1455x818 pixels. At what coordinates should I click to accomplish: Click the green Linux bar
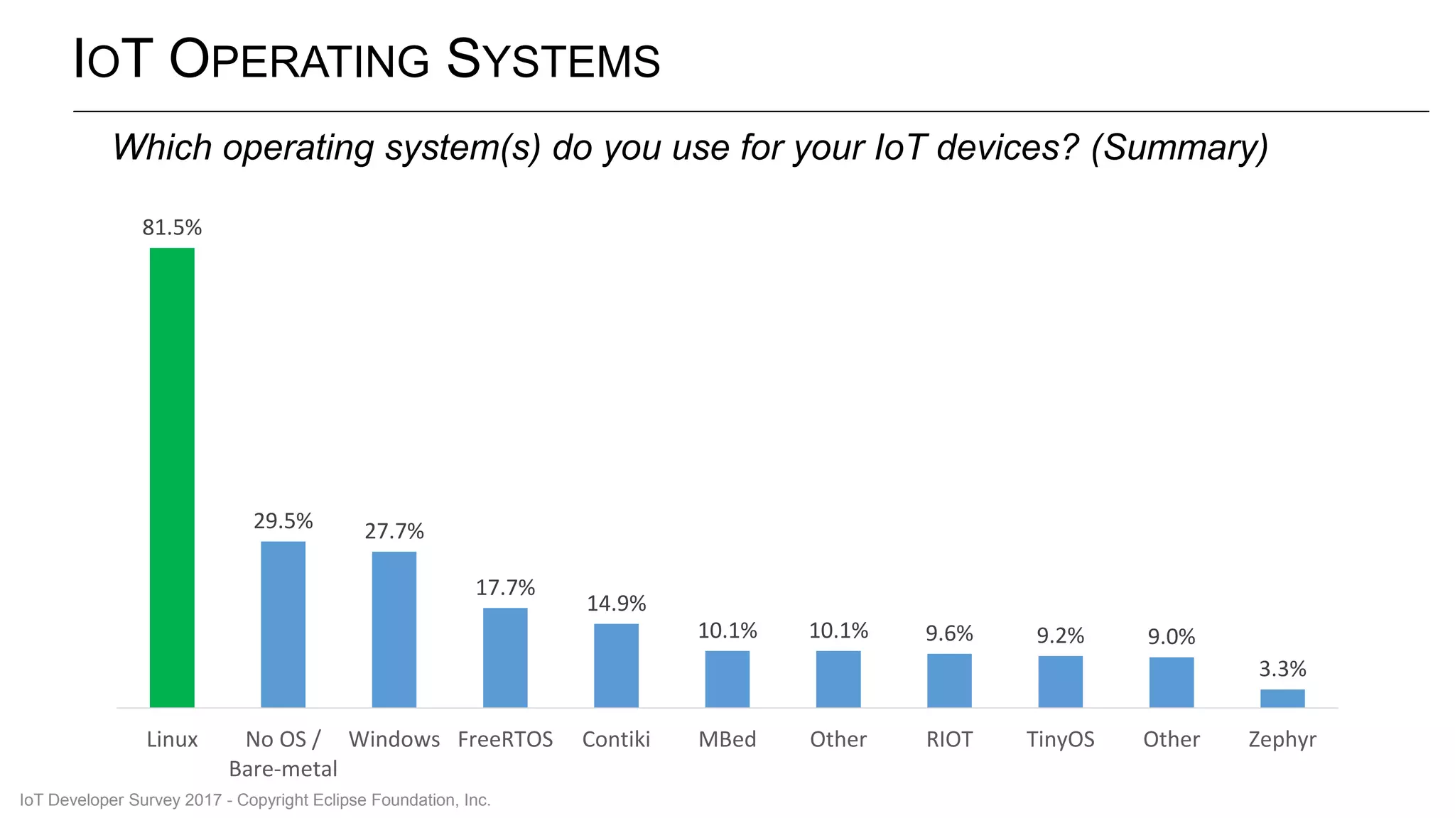[x=172, y=477]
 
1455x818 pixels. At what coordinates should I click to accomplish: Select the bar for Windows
[x=394, y=629]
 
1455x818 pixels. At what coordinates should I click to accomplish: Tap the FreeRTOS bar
[x=505, y=658]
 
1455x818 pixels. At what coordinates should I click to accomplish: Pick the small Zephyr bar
[x=1282, y=698]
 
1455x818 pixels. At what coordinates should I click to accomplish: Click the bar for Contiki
[x=616, y=665]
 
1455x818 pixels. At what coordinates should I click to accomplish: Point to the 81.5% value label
[x=172, y=228]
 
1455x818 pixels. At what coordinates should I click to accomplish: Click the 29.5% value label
[x=283, y=521]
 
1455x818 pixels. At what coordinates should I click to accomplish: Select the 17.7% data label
[x=505, y=588]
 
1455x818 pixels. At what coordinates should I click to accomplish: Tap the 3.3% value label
[x=1282, y=669]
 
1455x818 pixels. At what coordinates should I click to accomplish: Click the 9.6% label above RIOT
[x=949, y=633]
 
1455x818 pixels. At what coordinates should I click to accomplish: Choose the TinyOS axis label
[x=1060, y=740]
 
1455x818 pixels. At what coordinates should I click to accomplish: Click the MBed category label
[x=727, y=740]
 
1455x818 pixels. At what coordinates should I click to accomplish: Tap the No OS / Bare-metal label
[x=283, y=754]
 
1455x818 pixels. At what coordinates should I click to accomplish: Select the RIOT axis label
[x=949, y=740]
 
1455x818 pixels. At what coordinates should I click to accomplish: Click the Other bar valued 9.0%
[x=1172, y=682]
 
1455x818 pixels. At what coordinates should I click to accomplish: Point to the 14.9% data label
[x=616, y=604]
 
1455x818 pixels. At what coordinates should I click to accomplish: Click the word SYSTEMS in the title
[x=553, y=60]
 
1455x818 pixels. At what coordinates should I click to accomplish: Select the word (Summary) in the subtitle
[x=1179, y=148]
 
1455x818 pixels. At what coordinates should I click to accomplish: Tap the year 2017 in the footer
[x=203, y=800]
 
